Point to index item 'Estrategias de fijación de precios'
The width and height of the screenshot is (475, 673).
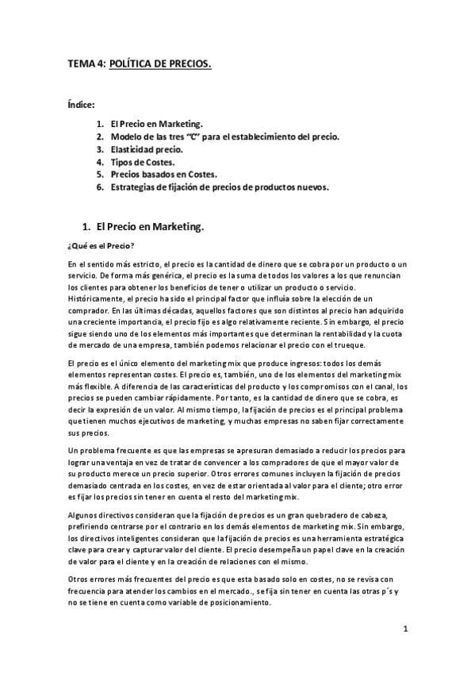click(220, 187)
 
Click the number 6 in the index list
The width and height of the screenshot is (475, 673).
click(100, 187)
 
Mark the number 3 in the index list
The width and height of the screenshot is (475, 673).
click(100, 149)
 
